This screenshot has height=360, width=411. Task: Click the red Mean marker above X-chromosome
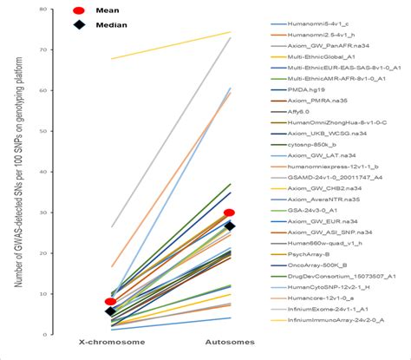coord(111,302)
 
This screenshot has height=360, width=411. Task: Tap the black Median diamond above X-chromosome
coord(111,311)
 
